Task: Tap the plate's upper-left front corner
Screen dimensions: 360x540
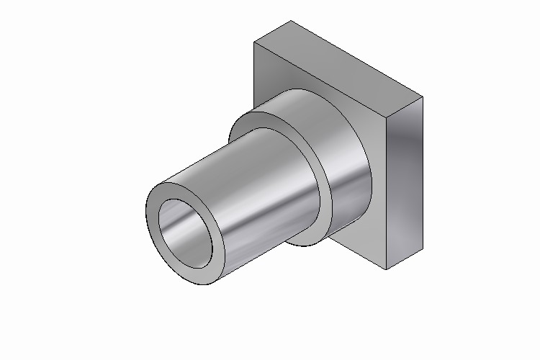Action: pyautogui.click(x=255, y=42)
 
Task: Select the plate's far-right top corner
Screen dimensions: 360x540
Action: pyautogui.click(x=423, y=96)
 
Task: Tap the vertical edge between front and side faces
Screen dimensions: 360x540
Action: pyautogui.click(x=387, y=194)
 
